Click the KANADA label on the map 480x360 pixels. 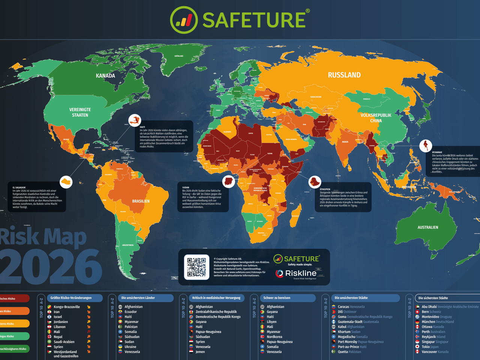coord(105,76)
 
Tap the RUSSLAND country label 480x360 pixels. coord(344,75)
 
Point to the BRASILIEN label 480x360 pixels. coord(141,201)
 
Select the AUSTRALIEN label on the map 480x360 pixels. coord(427,227)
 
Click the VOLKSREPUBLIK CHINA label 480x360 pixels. coord(376,118)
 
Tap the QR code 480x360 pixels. coord(196,267)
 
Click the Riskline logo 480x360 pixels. coord(296,273)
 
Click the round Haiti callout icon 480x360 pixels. coord(135,120)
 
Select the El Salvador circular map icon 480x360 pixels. coord(66,182)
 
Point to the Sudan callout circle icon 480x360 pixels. coord(229,181)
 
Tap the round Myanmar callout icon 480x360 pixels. coord(426,145)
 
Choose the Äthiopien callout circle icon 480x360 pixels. coord(315,182)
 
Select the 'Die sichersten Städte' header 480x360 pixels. coord(433,298)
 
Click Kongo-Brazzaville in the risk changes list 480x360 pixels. coord(67,307)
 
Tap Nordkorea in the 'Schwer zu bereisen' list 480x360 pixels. coord(274,337)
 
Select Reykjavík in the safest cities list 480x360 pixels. coord(429,337)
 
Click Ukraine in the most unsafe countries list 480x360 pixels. coord(130,347)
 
